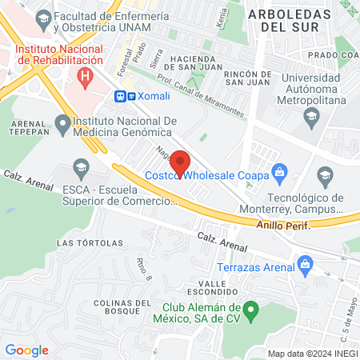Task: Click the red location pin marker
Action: pos(181,162)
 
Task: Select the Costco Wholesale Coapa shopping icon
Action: pos(279,170)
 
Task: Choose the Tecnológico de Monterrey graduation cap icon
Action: pos(325,175)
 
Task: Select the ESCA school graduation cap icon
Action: pos(80,167)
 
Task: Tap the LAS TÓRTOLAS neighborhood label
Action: pos(81,242)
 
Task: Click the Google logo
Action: pos(26,350)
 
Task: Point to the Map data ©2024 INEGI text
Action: pos(312,354)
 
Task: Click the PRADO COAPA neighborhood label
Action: pos(333,54)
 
